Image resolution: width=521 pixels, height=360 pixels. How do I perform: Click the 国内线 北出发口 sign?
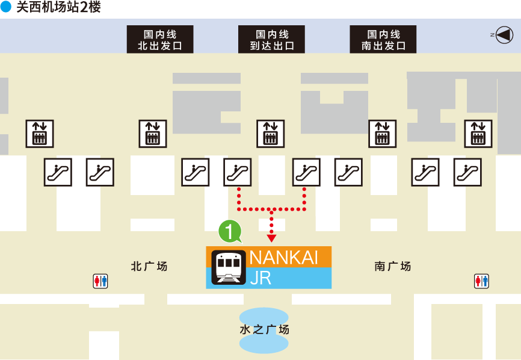160,39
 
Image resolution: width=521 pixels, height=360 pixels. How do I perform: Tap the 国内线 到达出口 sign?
271,39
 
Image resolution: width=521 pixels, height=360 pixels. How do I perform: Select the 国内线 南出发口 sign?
383,39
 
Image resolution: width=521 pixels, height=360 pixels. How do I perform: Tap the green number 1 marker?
229,231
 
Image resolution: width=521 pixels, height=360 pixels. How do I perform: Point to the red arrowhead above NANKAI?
271,238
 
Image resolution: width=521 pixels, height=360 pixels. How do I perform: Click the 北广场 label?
149,266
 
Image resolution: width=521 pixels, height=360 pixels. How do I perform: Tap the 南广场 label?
392,266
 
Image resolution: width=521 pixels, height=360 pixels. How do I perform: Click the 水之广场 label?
264,329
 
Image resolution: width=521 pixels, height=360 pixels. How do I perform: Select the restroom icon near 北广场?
100,281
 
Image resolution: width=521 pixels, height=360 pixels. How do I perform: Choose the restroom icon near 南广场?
481,281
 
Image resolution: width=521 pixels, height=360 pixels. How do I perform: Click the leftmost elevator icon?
40,134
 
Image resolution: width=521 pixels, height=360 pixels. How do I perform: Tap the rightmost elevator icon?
478,134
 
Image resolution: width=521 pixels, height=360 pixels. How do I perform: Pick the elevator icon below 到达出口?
271,134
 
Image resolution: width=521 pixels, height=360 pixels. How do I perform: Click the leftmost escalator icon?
58,172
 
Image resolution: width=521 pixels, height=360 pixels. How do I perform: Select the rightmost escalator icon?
467,172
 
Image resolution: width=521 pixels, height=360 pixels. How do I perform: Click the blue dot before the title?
6,7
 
